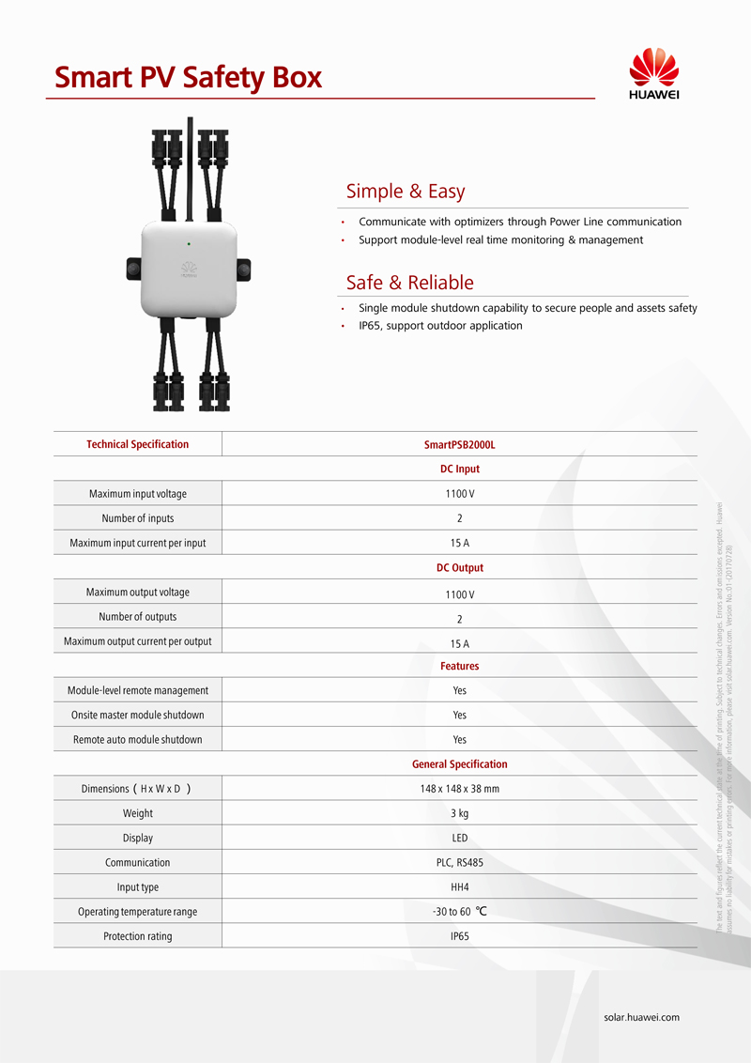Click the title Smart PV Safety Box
(x=188, y=77)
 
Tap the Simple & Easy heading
(x=405, y=192)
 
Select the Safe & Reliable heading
(x=409, y=283)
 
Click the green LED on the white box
(x=189, y=243)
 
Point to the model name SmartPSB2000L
(x=459, y=444)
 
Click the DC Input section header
(x=459, y=469)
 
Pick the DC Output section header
(x=459, y=568)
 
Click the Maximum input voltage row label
(x=138, y=494)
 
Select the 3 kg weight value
(x=459, y=813)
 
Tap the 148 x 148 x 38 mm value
(x=459, y=789)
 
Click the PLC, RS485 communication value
(x=459, y=862)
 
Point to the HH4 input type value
(x=459, y=886)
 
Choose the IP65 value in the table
(x=459, y=936)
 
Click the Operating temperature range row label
(x=138, y=912)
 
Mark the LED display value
(x=459, y=838)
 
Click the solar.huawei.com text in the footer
(x=641, y=1017)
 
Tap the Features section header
(x=459, y=666)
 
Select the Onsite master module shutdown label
(x=138, y=716)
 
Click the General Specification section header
(x=459, y=764)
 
